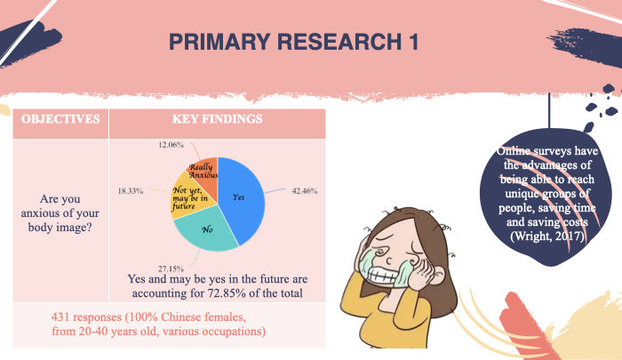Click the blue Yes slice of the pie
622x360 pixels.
(241, 198)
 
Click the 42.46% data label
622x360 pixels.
(305, 191)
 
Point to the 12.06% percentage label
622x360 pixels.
(171, 145)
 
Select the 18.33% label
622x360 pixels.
(131, 191)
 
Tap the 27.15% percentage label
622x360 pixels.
(171, 268)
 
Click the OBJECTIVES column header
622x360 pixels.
(60, 119)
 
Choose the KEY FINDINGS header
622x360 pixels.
(218, 119)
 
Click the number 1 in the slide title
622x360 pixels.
(413, 42)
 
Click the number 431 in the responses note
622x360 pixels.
(60, 317)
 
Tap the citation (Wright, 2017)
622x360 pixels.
(547, 236)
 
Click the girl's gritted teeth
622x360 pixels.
(383, 275)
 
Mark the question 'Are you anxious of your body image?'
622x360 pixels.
(60, 213)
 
